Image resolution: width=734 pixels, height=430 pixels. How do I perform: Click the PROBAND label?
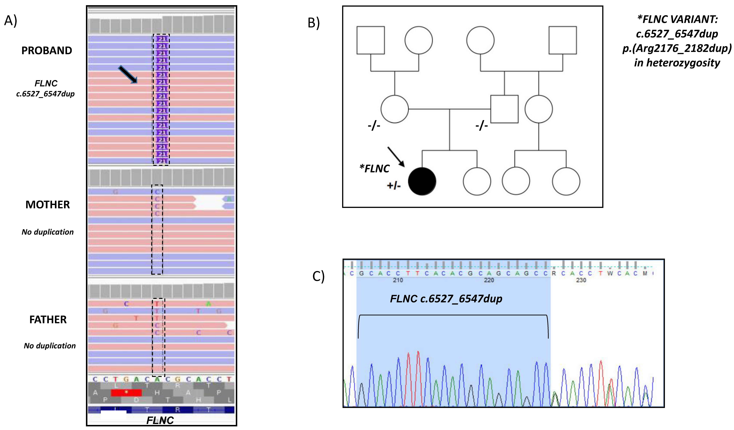(x=47, y=51)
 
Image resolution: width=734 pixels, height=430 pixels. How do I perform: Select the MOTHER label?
(x=47, y=205)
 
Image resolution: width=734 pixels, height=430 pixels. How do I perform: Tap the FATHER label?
(x=48, y=320)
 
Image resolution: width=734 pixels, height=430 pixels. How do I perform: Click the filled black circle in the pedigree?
(x=422, y=181)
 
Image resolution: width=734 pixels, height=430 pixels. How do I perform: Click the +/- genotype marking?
(x=394, y=186)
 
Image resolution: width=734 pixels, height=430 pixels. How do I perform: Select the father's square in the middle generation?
(x=504, y=109)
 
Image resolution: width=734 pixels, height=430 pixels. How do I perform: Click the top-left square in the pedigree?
(x=370, y=40)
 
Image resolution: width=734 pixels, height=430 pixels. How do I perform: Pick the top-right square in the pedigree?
(x=562, y=40)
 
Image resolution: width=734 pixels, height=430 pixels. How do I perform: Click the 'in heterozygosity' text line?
(x=677, y=63)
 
